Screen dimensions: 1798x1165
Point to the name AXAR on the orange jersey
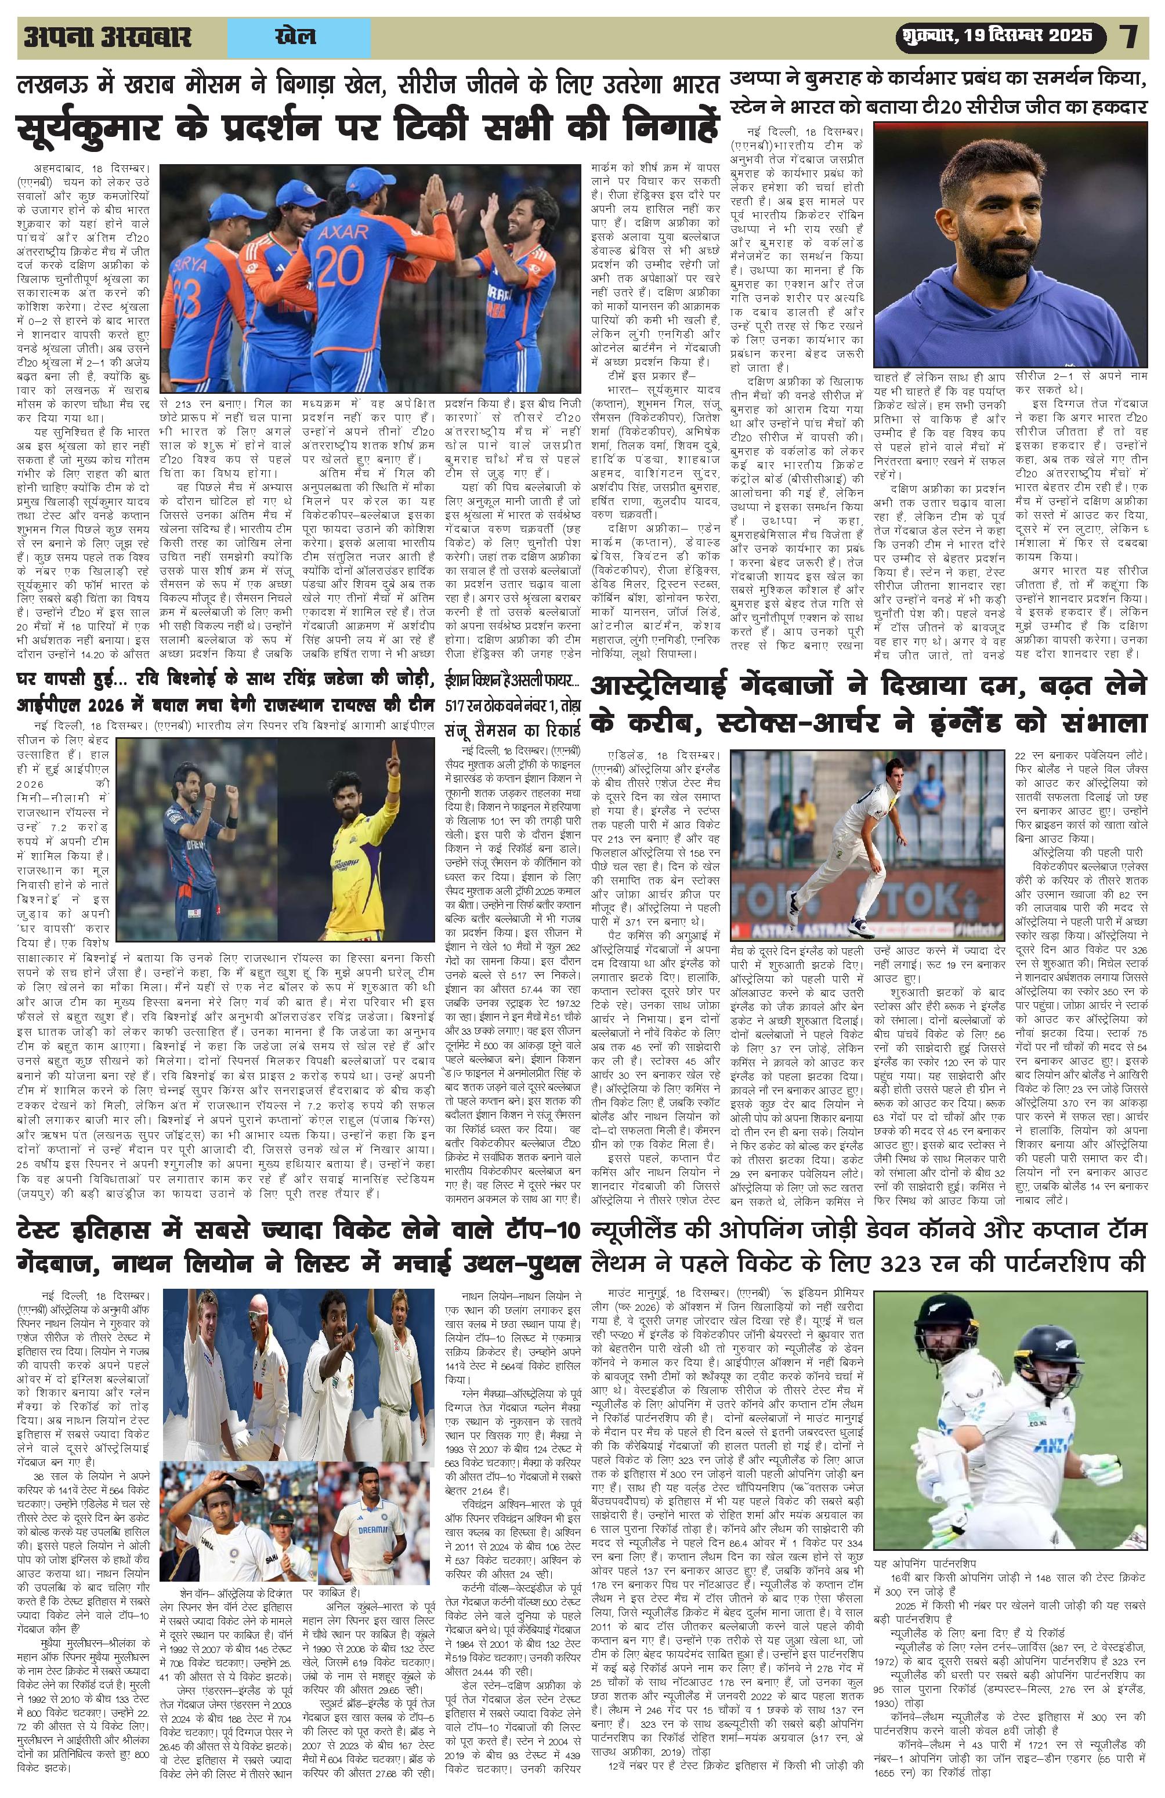(344, 230)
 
